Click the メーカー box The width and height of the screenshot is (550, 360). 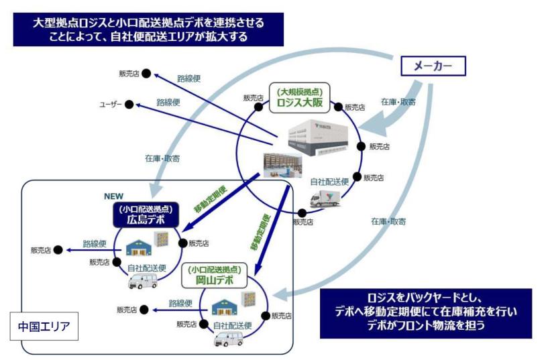(x=433, y=66)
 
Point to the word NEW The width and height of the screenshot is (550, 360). (x=114, y=196)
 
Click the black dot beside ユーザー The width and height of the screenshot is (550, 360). (x=129, y=105)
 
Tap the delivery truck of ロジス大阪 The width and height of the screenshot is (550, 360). (x=325, y=197)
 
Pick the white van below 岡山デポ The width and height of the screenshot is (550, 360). (x=228, y=339)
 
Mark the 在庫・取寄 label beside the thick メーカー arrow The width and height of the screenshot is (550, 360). (x=398, y=101)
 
